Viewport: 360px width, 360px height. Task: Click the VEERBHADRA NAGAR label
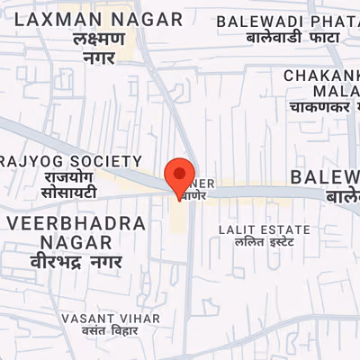76,232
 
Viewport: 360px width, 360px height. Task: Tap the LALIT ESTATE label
265,229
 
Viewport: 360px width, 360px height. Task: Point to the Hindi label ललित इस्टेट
265,242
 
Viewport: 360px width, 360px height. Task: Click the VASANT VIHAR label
111,319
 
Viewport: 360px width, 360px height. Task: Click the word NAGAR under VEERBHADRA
76,243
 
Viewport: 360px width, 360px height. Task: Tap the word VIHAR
138,319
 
